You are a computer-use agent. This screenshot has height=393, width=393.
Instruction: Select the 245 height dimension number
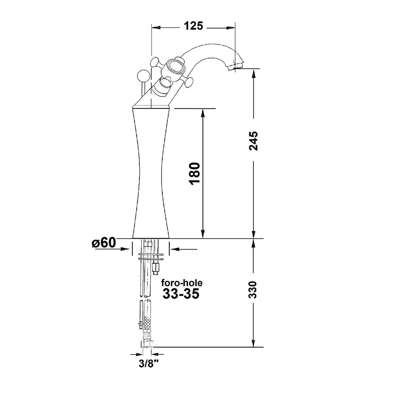[x=253, y=141]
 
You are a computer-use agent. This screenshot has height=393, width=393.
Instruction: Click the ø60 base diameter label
[x=104, y=243]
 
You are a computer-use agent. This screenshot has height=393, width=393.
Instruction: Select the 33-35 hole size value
[x=181, y=293]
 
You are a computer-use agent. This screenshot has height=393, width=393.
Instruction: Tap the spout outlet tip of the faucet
[x=235, y=66]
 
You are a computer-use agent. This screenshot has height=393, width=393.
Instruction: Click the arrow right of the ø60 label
[x=174, y=250]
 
